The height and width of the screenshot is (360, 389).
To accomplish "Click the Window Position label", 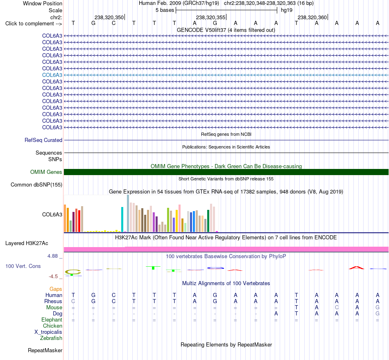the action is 43,3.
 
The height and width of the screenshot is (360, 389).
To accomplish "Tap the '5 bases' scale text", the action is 165,10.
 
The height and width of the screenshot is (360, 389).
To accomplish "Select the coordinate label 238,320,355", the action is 210,17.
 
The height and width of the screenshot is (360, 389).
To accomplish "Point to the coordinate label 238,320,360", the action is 312,17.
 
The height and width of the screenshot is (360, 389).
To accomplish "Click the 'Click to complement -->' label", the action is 34,24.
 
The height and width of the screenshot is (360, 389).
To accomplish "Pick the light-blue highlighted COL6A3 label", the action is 52,75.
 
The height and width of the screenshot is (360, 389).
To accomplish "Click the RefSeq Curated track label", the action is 43,140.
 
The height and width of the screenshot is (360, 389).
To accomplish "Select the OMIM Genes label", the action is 46,172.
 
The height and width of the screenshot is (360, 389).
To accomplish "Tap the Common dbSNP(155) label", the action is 36,185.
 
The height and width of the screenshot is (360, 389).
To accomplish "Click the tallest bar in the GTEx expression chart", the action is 128,213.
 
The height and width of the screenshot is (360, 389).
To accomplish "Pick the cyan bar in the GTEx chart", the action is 122,219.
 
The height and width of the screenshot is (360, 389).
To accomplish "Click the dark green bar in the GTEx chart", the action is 208,221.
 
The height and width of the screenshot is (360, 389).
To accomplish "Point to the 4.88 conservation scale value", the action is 52,256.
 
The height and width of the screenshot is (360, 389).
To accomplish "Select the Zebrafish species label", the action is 51,338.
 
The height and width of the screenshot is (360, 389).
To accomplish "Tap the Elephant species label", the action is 52,320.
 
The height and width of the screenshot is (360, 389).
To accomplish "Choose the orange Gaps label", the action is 56,289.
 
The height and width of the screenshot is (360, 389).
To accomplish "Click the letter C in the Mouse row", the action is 337,308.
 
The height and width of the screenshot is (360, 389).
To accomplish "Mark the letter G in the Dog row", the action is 378,314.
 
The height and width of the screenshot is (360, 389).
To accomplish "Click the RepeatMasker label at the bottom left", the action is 45,350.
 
